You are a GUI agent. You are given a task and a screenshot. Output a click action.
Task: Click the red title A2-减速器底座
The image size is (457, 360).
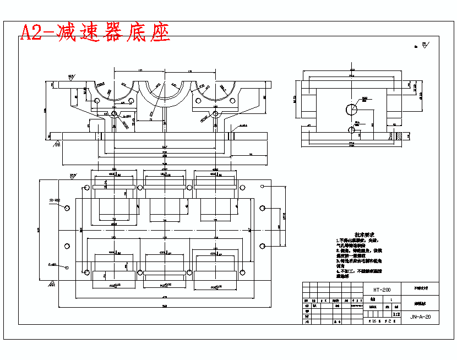[x=95, y=33]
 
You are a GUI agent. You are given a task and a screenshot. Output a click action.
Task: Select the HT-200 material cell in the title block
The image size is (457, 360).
[x=382, y=290]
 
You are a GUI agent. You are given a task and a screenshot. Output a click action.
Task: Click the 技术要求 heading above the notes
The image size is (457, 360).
[x=364, y=234]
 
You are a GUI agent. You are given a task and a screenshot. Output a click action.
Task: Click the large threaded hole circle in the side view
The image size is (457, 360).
[x=351, y=109]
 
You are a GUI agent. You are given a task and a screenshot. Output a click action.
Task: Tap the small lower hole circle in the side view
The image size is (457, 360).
[x=352, y=130]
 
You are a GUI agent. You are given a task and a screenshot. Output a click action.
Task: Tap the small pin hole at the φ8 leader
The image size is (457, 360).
[x=67, y=268]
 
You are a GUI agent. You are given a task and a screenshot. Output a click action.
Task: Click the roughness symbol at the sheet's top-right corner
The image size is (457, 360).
[x=423, y=46]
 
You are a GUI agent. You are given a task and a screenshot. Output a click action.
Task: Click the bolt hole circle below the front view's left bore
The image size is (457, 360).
[x=114, y=113]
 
